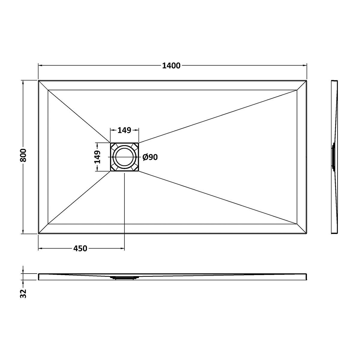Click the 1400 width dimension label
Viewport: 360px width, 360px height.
pyautogui.click(x=171, y=66)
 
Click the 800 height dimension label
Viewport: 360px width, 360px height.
pyautogui.click(x=23, y=155)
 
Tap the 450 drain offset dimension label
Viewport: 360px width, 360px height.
pyautogui.click(x=80, y=248)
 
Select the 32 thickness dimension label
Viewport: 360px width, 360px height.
pyautogui.click(x=23, y=293)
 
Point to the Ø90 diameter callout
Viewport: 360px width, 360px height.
pyautogui.click(x=150, y=157)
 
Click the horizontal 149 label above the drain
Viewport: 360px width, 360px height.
pyautogui.click(x=124, y=130)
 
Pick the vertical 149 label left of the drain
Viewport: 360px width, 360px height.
pyautogui.click(x=97, y=157)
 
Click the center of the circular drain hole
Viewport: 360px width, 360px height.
pyautogui.click(x=124, y=157)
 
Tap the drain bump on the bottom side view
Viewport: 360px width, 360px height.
pyautogui.click(x=124, y=278)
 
